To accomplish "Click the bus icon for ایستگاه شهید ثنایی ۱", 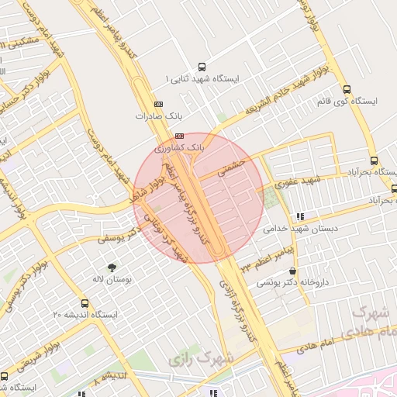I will pos(202,67).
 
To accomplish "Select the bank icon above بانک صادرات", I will pos(158,103).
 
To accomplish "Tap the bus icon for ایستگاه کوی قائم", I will pos(346,88).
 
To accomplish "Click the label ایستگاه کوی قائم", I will pos(347,101).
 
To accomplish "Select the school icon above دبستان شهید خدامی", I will pos(300,216).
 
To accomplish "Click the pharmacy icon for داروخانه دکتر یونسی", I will pos(292,271).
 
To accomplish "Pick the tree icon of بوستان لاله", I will pos(112,266).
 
